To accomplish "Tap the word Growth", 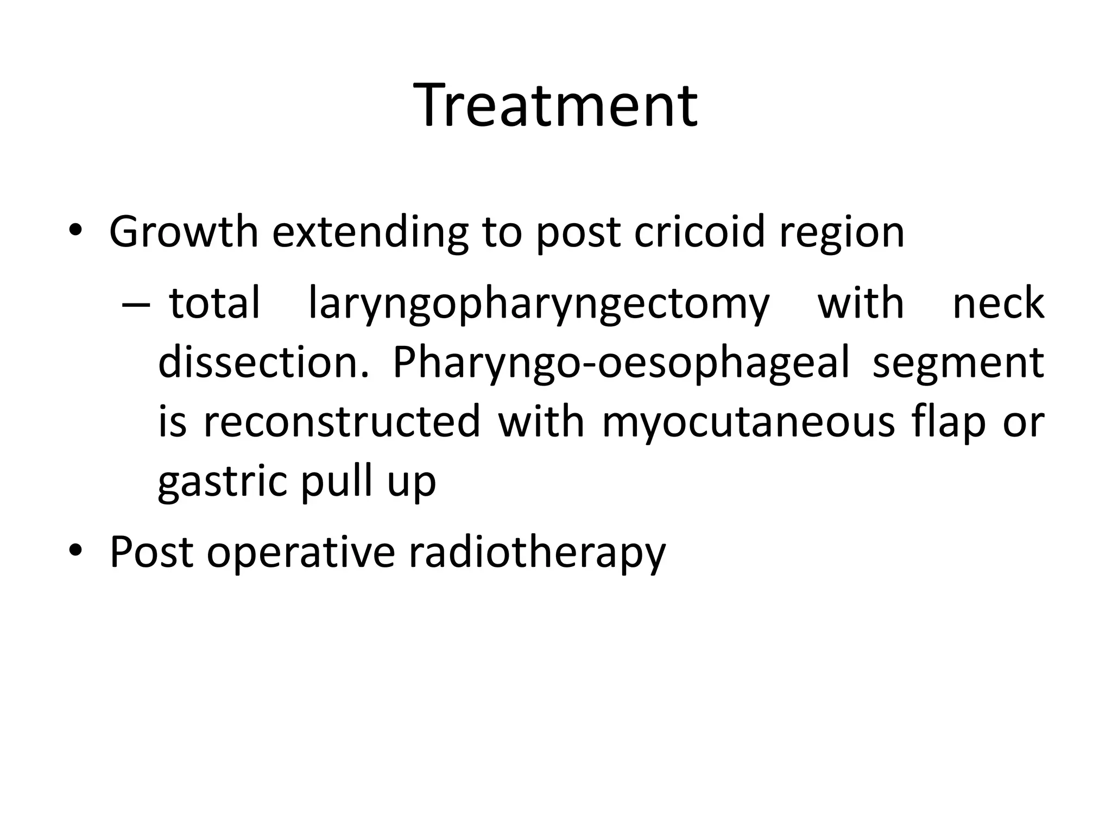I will (x=184, y=232).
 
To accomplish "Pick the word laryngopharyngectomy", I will (x=539, y=304).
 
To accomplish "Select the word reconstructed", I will (x=342, y=421).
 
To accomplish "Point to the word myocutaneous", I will (x=748, y=422).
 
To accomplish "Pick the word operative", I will (x=301, y=553).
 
